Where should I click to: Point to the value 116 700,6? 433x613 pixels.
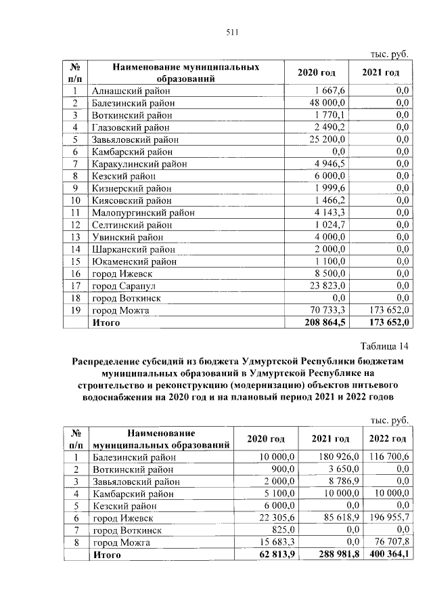coord(388,457)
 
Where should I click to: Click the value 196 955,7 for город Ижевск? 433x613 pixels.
coord(388,518)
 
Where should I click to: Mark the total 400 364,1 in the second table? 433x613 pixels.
coord(388,555)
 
